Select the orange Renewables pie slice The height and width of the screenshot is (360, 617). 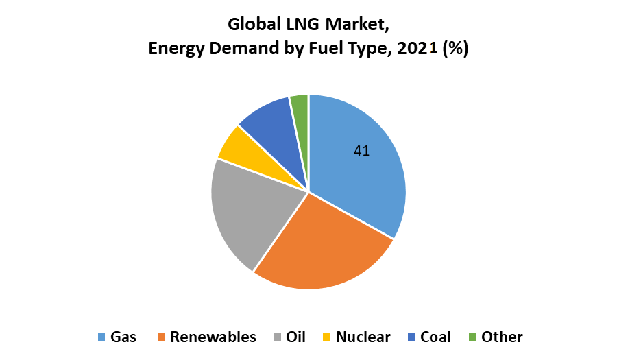(x=322, y=247)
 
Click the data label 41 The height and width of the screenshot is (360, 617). (x=362, y=151)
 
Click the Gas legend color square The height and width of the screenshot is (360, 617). (x=102, y=337)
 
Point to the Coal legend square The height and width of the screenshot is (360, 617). (x=411, y=337)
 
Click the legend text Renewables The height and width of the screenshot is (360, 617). (x=213, y=337)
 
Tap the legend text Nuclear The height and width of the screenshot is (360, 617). (x=363, y=337)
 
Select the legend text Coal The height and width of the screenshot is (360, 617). (x=435, y=337)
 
